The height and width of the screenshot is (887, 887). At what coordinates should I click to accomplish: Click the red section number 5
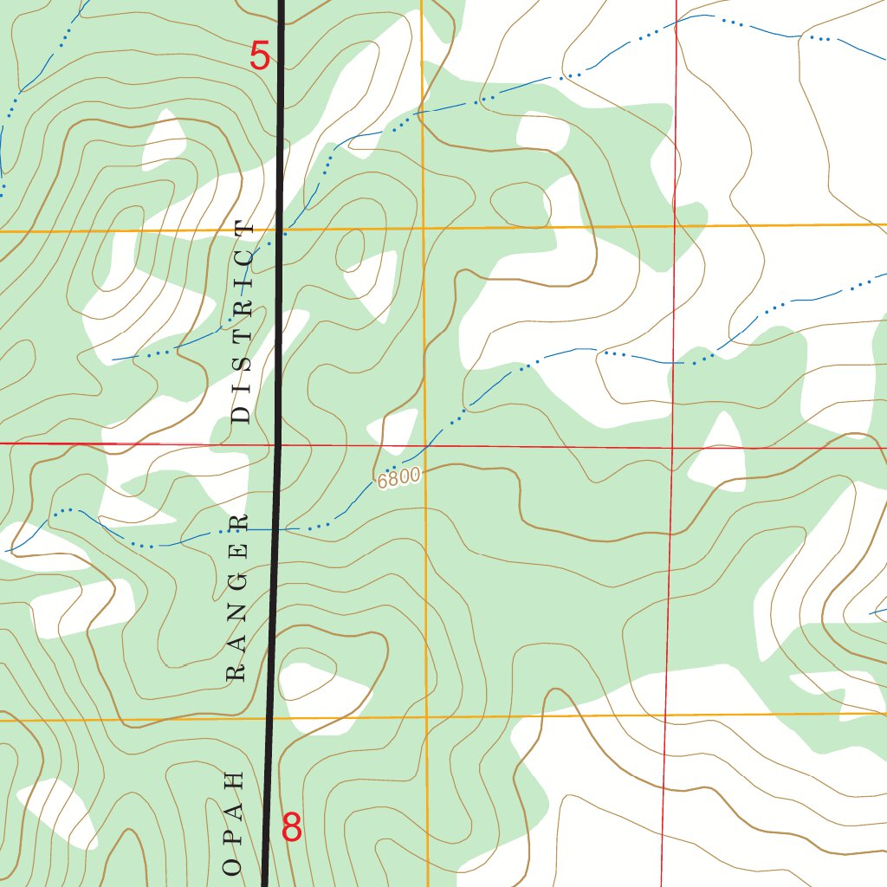pyautogui.click(x=260, y=56)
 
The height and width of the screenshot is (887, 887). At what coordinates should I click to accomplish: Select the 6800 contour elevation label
pyautogui.click(x=399, y=476)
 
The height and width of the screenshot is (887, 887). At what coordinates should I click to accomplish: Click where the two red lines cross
pyautogui.click(x=671, y=447)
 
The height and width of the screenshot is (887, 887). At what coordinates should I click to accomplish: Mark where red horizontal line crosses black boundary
pyautogui.click(x=279, y=444)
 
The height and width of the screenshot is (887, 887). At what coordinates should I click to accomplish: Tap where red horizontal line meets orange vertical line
pyautogui.click(x=424, y=445)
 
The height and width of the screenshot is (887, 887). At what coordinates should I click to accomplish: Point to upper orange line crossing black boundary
pyautogui.click(x=280, y=230)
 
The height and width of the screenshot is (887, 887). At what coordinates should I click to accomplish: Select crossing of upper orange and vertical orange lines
pyautogui.click(x=423, y=229)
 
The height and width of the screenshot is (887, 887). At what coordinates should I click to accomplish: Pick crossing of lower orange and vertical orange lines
pyautogui.click(x=426, y=716)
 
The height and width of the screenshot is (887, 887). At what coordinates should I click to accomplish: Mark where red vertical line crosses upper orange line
pyautogui.click(x=674, y=226)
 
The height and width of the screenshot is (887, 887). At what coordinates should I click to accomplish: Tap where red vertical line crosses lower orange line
pyautogui.click(x=665, y=715)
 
